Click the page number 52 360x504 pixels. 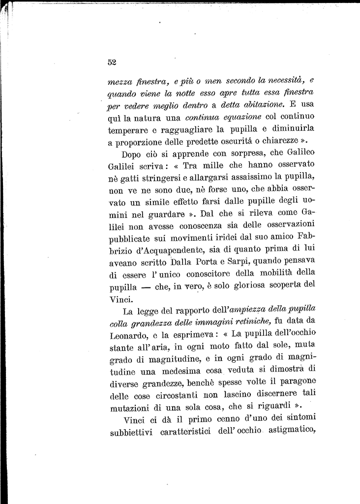[111, 62]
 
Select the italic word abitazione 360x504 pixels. [261, 105]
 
